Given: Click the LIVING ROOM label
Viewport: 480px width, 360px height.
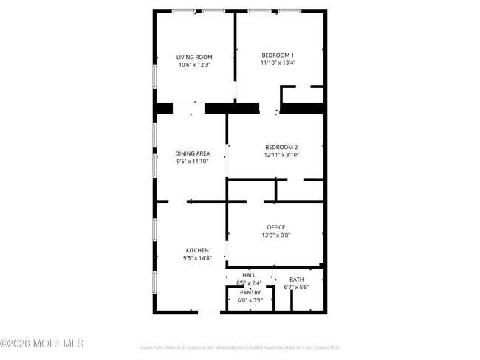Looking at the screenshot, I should point(194,58).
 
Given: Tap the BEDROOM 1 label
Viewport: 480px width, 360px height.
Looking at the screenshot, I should point(278,55).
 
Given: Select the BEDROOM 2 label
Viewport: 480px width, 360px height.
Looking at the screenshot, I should point(281,146).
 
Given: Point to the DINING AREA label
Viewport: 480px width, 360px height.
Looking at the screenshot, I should point(192,153).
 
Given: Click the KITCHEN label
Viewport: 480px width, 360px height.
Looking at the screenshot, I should point(196,251).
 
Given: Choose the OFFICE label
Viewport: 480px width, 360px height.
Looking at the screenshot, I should point(275,227).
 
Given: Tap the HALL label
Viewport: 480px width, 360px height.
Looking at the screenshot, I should point(249,275).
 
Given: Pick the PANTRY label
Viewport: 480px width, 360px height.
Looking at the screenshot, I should point(250,292).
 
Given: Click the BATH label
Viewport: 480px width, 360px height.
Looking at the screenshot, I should point(296,280).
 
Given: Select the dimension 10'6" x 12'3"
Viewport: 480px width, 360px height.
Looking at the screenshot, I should point(194,65).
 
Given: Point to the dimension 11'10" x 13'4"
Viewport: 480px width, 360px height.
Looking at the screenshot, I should point(278,63).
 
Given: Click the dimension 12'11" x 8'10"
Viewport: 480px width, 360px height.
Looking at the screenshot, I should point(281,154).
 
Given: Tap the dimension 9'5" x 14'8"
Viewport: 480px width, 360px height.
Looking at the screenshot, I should point(196,258).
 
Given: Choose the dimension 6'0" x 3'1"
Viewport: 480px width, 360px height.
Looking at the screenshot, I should point(250,300).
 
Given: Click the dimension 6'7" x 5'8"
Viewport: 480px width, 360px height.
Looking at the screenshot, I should point(296,287).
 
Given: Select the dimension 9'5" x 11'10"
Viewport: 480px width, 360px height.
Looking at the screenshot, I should point(192,161).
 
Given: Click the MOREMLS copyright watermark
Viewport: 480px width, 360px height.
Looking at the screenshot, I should point(42,344).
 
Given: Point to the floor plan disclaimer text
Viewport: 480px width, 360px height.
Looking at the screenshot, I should point(240,347).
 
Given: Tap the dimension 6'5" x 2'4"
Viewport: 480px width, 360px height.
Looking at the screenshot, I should point(249,283).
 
